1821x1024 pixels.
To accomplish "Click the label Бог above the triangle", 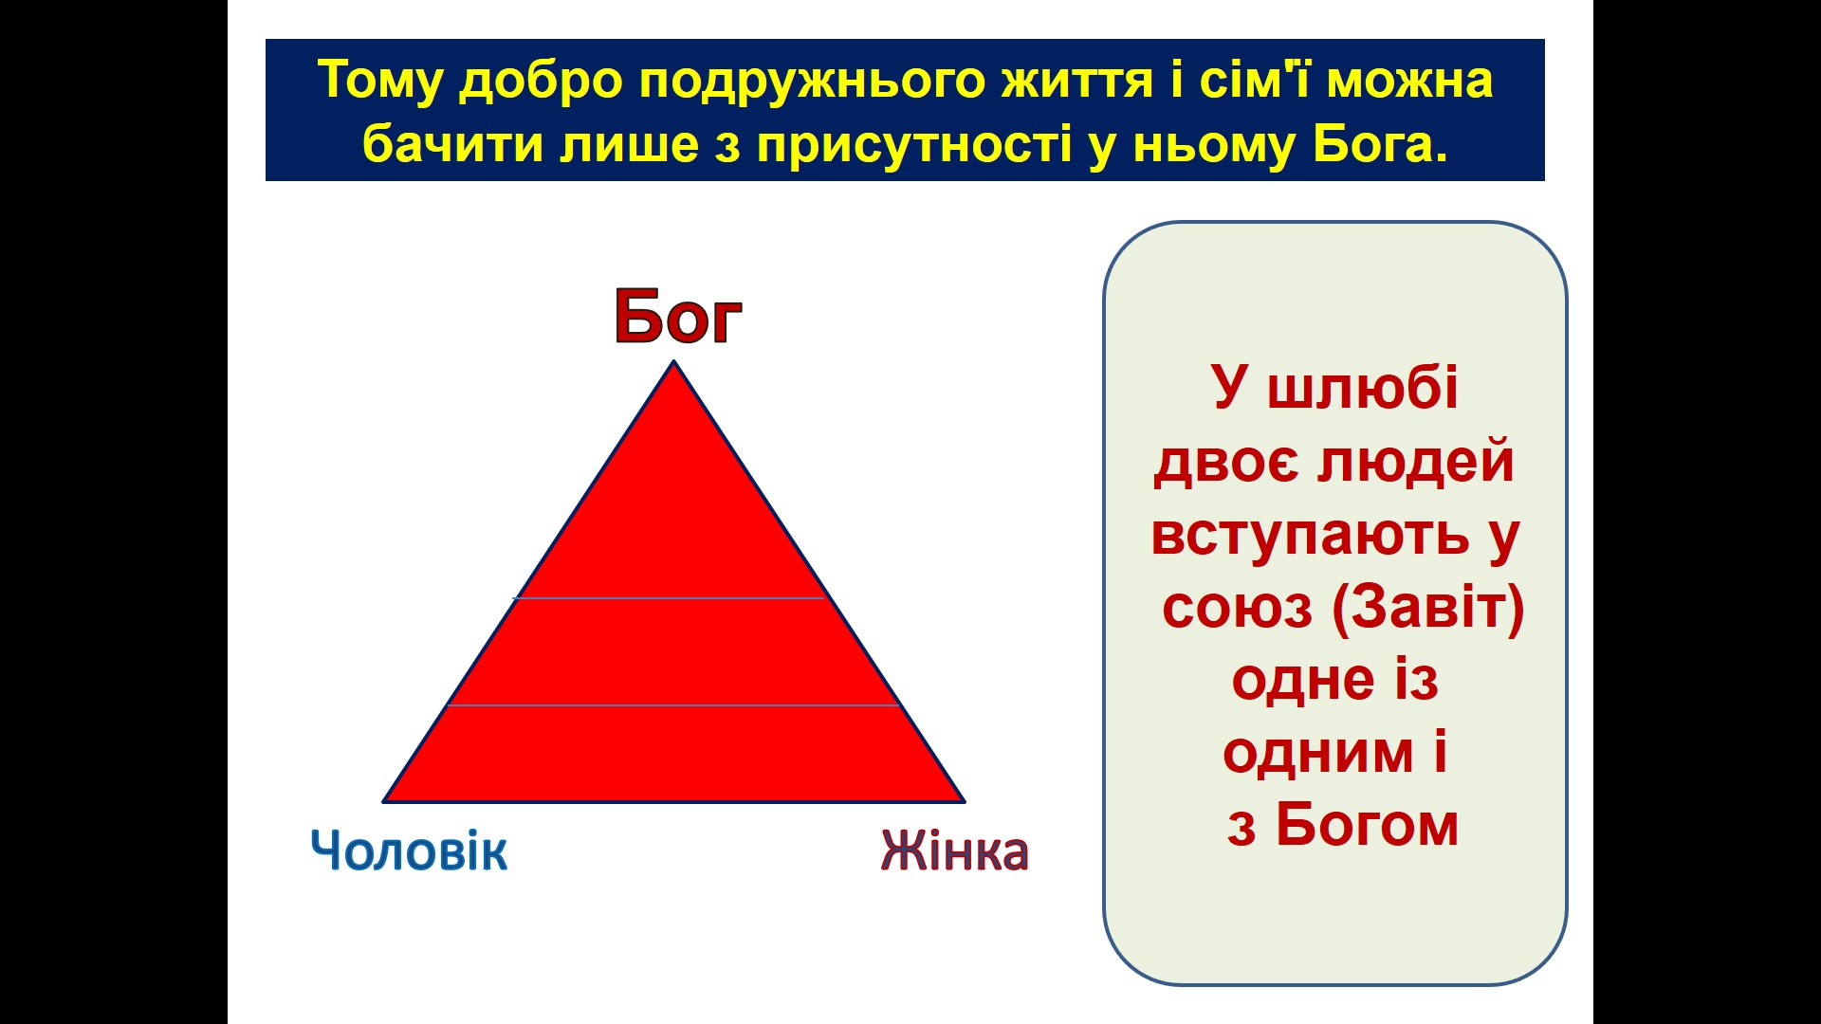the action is (x=678, y=316).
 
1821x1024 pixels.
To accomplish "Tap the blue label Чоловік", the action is (x=409, y=850).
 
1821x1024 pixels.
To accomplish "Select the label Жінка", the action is (x=955, y=850).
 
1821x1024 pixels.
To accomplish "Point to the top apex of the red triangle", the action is (x=674, y=361).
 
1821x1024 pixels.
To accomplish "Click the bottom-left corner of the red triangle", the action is (x=384, y=801).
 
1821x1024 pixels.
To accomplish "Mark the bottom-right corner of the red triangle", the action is (x=965, y=801).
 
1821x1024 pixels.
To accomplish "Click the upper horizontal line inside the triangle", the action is (x=671, y=598).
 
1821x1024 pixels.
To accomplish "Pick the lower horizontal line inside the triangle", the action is (x=673, y=705).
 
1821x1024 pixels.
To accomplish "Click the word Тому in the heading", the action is (x=380, y=82).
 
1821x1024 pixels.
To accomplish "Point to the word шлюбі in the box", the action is (x=1363, y=388).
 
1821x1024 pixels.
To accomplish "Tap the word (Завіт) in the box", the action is (x=1428, y=608).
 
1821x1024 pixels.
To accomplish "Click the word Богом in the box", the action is (x=1367, y=824).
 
